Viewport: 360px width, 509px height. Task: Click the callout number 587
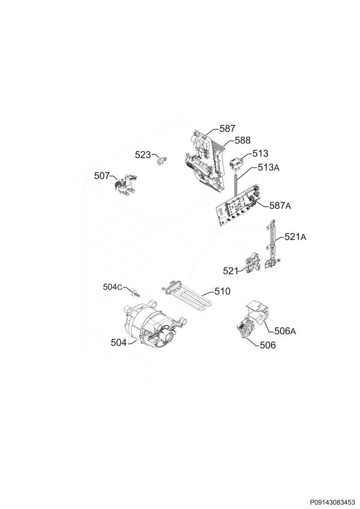pyautogui.click(x=227, y=128)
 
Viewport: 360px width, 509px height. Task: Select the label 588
pyautogui.click(x=243, y=140)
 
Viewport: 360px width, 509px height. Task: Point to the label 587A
pyautogui.click(x=280, y=205)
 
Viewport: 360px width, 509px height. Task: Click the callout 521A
pyautogui.click(x=296, y=237)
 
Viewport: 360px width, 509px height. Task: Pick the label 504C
pyautogui.click(x=113, y=287)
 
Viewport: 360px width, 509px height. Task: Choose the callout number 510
pyautogui.click(x=222, y=291)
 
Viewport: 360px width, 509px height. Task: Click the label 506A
pyautogui.click(x=285, y=331)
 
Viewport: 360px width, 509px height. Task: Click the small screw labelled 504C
pyautogui.click(x=136, y=293)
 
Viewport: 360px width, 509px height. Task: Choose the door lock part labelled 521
pyautogui.click(x=253, y=265)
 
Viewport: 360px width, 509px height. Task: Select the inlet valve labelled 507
pyautogui.click(x=126, y=185)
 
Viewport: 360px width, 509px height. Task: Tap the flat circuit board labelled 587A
pyautogui.click(x=238, y=205)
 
